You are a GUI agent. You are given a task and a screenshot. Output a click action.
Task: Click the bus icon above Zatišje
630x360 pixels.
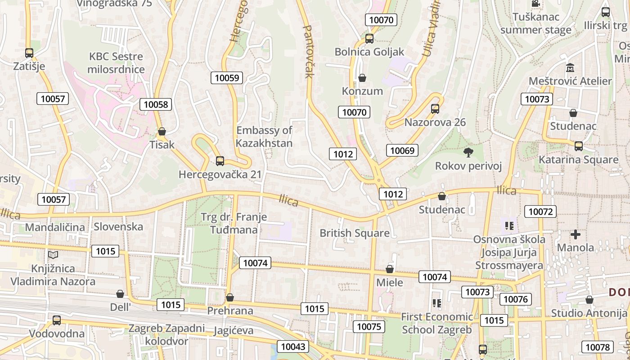point(29,53)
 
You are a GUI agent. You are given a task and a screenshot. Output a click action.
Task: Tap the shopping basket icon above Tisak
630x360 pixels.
point(162,131)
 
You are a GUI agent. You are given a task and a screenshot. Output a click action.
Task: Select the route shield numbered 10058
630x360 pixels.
point(156,105)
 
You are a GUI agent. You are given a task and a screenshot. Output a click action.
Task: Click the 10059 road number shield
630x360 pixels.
point(227,78)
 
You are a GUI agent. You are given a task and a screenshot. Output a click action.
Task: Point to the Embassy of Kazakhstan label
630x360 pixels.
point(264,137)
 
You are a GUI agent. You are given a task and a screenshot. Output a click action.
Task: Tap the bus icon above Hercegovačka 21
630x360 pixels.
point(220,161)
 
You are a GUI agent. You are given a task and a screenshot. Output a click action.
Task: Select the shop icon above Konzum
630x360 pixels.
point(362,78)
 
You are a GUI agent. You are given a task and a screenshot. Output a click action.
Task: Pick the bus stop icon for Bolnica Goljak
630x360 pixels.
point(369,39)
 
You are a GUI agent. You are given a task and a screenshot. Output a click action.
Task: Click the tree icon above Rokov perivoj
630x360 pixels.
point(468,153)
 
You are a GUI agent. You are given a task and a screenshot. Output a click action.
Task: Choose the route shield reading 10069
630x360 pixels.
point(402,150)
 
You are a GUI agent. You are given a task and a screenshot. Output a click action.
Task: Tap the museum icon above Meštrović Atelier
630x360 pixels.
point(570,68)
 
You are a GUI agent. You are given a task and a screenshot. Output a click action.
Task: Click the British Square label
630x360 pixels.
point(355,233)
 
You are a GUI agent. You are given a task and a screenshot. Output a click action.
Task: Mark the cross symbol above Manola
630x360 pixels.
point(576,234)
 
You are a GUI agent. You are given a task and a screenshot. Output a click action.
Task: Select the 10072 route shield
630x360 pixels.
point(540,211)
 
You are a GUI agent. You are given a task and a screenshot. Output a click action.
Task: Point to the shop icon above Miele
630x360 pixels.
point(390,269)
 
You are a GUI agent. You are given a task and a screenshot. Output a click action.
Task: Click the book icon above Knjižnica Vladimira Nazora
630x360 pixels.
point(53,255)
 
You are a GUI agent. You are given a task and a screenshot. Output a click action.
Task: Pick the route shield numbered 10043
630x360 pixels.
point(293,346)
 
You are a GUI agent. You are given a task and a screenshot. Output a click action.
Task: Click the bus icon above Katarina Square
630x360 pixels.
point(579,146)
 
